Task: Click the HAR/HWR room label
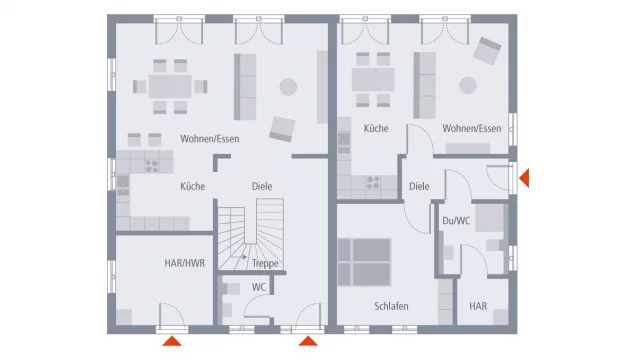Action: click(x=185, y=263)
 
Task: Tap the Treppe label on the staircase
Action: click(x=265, y=264)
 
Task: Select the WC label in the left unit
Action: click(x=259, y=287)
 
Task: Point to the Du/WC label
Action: click(x=456, y=221)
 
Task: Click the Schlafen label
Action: click(x=391, y=306)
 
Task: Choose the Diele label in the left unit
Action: click(x=262, y=186)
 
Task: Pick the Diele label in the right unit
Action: click(x=419, y=186)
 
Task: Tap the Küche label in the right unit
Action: click(x=376, y=129)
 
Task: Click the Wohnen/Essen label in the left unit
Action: click(x=210, y=139)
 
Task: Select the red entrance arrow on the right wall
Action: click(x=524, y=178)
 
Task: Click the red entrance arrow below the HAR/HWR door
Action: click(x=172, y=341)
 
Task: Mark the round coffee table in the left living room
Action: click(x=288, y=87)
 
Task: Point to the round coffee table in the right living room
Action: click(x=468, y=86)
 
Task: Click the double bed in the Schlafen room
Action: click(x=364, y=262)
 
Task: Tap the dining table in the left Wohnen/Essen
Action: click(x=170, y=87)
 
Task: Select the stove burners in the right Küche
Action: click(x=373, y=182)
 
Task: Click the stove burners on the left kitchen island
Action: click(x=152, y=166)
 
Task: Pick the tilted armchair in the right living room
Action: click(x=487, y=51)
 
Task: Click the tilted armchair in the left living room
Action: click(x=282, y=129)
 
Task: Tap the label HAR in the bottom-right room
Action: click(x=478, y=306)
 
